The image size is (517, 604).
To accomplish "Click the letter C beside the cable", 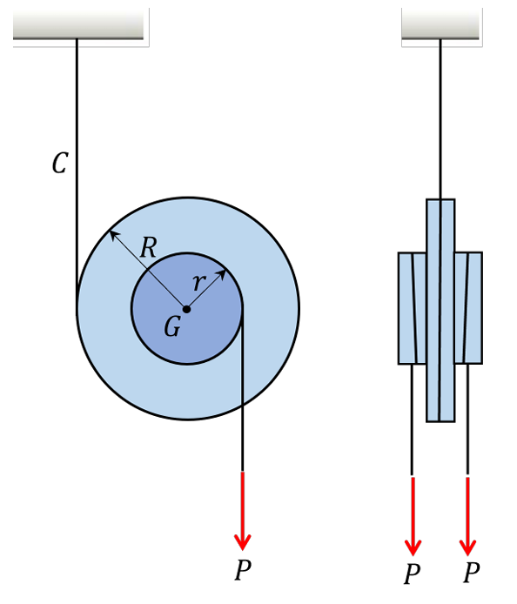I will click(59, 163).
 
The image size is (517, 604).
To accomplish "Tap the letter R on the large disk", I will click(149, 248).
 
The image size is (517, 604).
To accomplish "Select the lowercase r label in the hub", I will click(198, 282).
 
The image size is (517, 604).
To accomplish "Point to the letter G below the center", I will click(172, 327).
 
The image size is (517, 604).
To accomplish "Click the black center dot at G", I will click(186, 309).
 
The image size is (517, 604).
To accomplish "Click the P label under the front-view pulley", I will click(243, 571).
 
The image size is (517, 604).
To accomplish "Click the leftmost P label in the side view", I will click(413, 574).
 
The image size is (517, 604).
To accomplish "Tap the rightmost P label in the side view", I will click(471, 574).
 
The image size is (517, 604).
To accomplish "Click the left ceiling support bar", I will click(78, 26).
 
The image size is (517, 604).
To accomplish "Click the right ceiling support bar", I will click(440, 26).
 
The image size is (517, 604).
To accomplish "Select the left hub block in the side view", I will click(412, 308).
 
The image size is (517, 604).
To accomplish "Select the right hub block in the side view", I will click(468, 308).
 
